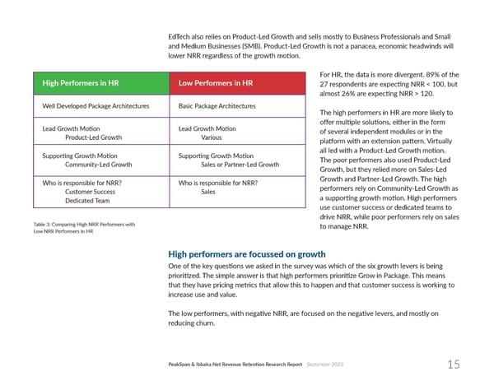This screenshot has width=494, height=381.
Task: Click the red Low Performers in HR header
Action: [216, 83]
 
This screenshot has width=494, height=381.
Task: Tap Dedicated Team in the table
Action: [87, 201]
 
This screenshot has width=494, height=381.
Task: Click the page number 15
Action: [454, 364]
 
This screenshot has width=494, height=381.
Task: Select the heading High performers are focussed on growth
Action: [240, 254]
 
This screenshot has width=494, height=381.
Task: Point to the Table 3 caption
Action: [83, 228]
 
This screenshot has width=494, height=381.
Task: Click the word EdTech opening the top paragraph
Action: [177, 38]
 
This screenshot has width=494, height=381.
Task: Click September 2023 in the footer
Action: [327, 364]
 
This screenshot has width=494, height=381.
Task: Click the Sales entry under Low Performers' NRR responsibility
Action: [209, 192]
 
